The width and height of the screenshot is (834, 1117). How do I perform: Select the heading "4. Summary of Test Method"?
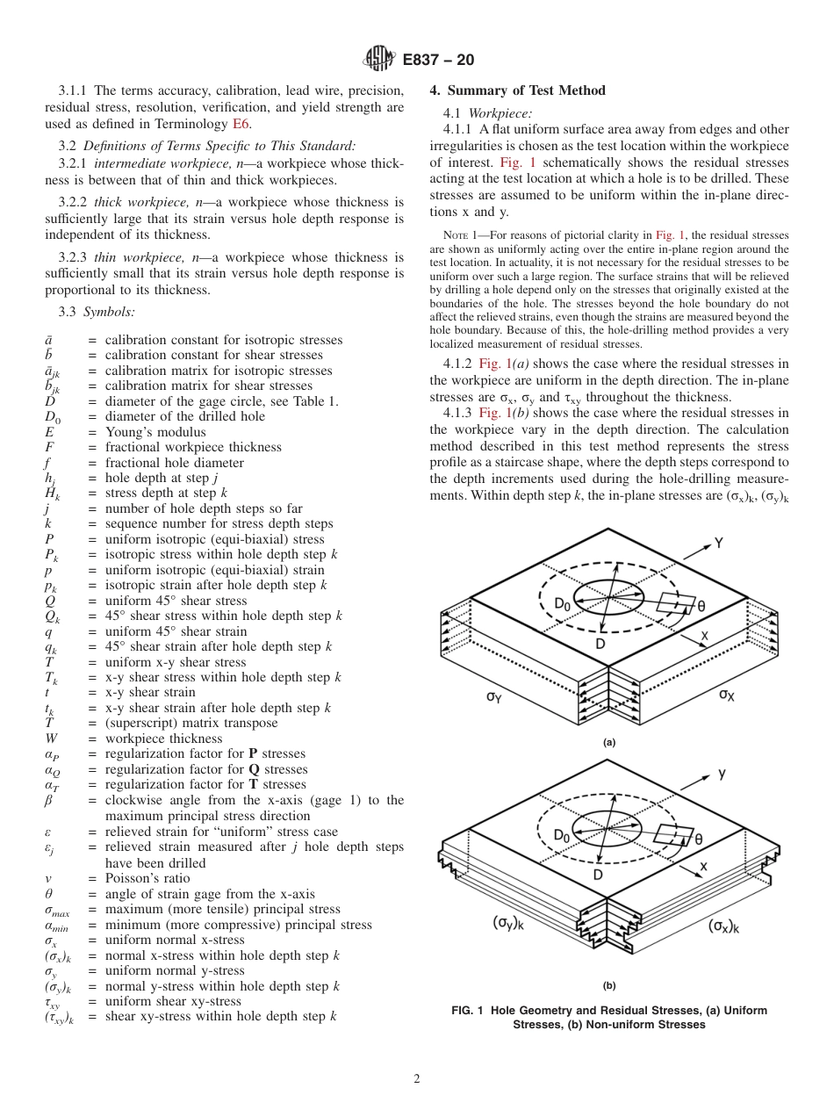pos(517,90)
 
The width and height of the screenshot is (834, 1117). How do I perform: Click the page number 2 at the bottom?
pos(417,1079)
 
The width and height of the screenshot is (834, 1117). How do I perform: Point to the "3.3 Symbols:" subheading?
pos(96,311)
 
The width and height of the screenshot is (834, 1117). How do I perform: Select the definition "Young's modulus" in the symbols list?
pos(155,432)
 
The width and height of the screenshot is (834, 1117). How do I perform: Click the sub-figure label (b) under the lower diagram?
pos(609,985)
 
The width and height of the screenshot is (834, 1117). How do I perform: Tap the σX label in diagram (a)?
pos(728,694)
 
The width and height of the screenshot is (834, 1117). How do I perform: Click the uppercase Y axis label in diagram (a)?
pos(718,542)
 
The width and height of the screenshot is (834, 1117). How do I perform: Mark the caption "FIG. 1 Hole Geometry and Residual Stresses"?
pos(609,1011)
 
